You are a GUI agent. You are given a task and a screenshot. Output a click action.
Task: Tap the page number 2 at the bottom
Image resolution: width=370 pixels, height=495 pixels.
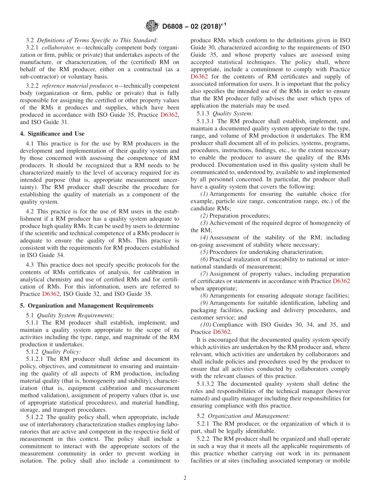coord(185,478)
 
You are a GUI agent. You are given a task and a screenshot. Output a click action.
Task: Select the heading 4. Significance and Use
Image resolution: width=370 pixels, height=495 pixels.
coord(52,133)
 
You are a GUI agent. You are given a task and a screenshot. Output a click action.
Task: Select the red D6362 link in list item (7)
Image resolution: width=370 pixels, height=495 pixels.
coord(341,281)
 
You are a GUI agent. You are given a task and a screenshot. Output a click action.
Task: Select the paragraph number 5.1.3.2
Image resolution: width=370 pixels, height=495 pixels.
coord(207,384)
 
